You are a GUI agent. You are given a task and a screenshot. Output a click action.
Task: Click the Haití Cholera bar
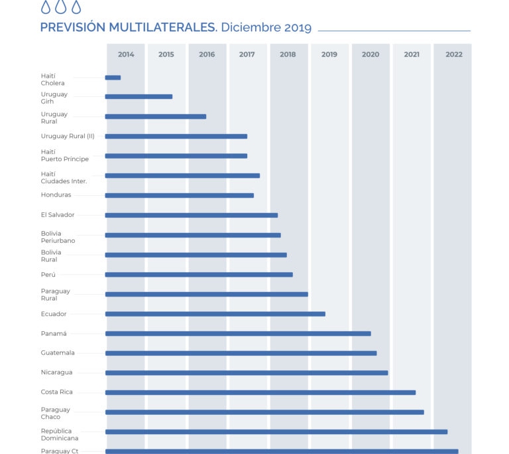tap(113, 78)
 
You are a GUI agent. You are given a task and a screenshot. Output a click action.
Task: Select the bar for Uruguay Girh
tap(139, 97)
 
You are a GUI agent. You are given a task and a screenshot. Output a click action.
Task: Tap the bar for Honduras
tap(179, 195)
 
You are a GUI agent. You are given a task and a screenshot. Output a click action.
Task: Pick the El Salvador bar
tap(191, 215)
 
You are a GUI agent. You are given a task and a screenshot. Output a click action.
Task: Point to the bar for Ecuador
tap(215, 314)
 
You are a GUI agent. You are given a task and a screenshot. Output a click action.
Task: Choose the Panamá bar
tap(238, 333)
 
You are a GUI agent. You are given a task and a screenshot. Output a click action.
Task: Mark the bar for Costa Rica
tap(260, 392)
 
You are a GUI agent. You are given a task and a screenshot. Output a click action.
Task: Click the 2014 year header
tap(126, 54)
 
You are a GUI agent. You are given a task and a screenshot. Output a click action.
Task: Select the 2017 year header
tap(247, 54)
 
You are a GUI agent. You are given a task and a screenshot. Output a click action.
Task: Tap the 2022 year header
tap(454, 54)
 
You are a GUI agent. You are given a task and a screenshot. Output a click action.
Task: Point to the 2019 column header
tap(329, 54)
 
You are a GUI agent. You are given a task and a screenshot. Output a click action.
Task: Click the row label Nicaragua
tap(56, 372)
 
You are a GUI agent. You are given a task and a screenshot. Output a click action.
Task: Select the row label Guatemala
tap(58, 353)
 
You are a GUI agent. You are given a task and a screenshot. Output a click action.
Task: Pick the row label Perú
tap(48, 274)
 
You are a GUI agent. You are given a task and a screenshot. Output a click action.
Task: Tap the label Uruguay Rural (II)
tap(68, 136)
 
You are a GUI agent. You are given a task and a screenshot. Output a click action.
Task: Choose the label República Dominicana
tap(60, 435)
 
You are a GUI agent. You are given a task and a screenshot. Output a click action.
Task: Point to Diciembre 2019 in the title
tap(266, 27)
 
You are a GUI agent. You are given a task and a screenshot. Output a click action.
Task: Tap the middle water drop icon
tap(61, 7)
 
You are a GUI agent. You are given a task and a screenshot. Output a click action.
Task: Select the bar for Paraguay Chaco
tap(264, 412)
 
